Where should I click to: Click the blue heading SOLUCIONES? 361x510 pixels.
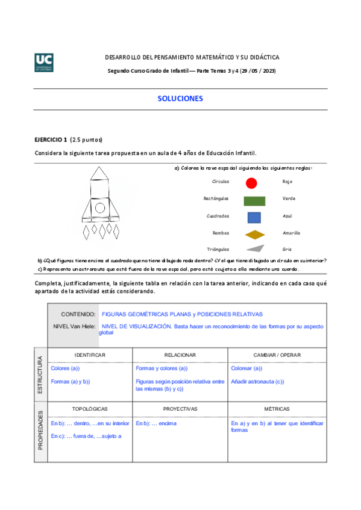[x=180, y=98]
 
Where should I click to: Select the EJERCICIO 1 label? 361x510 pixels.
[x=51, y=140]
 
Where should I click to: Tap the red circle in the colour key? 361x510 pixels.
[x=252, y=182]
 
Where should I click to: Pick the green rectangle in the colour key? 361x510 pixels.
[x=255, y=200]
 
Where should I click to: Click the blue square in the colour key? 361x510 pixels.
[x=254, y=217]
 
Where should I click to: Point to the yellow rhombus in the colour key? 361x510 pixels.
[x=255, y=234]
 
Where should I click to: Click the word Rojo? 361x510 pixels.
[x=287, y=182]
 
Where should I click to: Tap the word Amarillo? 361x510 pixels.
[x=291, y=233]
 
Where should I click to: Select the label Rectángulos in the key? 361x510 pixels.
[x=216, y=198]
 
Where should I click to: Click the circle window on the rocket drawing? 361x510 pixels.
[x=99, y=208]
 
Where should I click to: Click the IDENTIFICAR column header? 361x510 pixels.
[x=90, y=355]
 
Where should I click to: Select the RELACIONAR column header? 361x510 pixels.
[x=180, y=355]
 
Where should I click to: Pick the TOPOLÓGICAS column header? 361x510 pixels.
[x=90, y=408]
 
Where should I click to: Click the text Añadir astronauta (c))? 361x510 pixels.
[x=257, y=381]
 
